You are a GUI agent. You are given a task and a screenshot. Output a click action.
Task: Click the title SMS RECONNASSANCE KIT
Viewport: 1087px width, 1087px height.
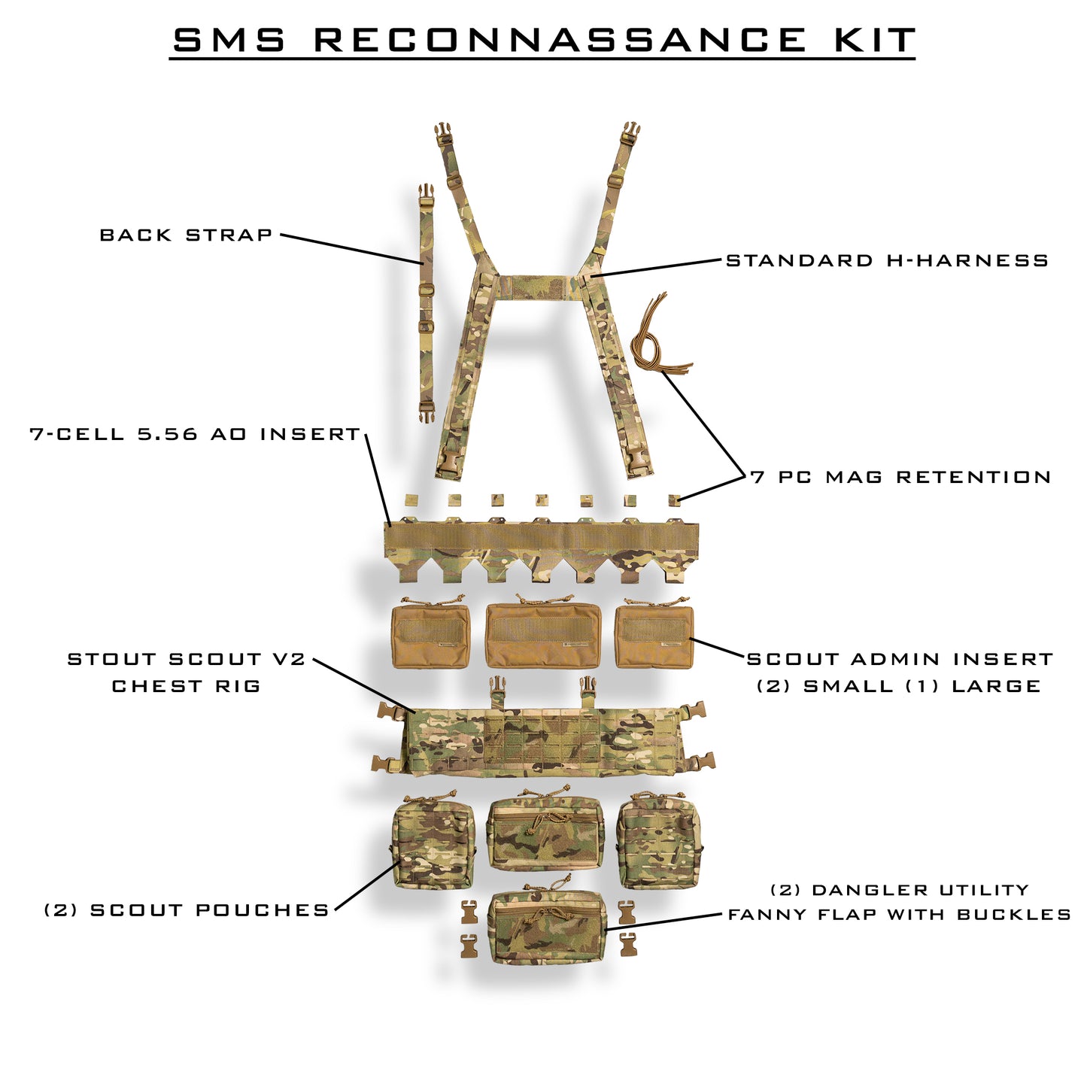[543, 41]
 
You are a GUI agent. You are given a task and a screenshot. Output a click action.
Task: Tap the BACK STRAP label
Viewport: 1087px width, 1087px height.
[186, 235]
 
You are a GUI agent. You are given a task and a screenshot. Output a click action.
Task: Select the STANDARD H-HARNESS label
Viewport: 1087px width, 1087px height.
[887, 261]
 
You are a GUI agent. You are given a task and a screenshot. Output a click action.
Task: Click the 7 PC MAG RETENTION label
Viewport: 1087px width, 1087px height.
[901, 477]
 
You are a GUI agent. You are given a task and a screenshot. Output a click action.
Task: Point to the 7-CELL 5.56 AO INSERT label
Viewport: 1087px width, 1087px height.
[196, 435]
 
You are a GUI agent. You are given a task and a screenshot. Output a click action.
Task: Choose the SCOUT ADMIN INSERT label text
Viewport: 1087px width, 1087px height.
[900, 660]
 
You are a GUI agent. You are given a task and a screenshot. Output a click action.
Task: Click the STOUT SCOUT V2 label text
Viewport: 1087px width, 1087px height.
[187, 660]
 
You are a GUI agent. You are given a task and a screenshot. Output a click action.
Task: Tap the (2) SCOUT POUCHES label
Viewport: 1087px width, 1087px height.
[187, 910]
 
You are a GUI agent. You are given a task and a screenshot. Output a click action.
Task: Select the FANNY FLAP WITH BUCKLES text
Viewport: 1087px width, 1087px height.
[900, 915]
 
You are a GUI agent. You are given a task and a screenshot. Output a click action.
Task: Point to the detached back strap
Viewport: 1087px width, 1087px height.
[427, 301]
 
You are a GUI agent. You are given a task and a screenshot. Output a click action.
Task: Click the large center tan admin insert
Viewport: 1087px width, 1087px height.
[543, 635]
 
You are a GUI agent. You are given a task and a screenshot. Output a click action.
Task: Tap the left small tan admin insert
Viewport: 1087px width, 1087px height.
[430, 636]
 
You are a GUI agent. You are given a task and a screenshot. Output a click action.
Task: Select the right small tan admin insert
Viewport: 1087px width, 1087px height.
[654, 636]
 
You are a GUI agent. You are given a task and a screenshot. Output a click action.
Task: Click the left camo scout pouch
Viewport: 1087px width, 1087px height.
[433, 843]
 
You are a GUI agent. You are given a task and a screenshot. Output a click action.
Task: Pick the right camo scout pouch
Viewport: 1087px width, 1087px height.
[659, 842]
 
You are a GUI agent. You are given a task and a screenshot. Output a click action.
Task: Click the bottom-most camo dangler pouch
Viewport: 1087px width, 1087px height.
[547, 926]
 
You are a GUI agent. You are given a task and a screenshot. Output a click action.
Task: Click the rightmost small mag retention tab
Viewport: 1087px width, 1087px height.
[674, 500]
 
